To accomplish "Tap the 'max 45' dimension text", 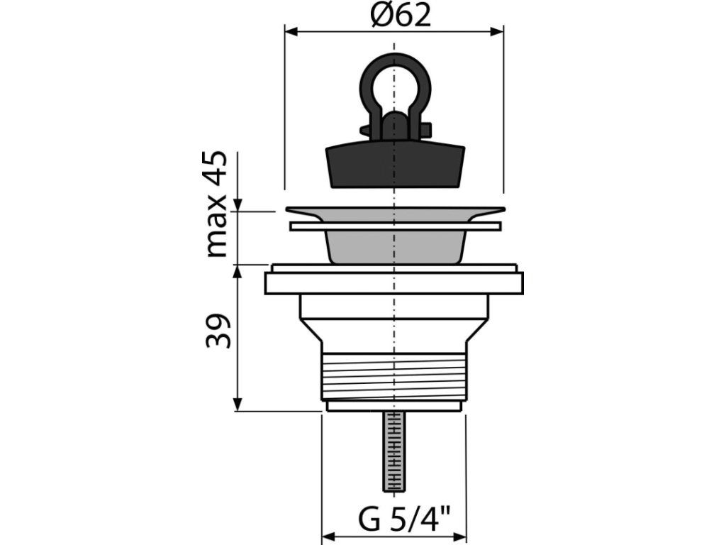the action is coord(216,204).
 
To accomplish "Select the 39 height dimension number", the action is coord(218,331).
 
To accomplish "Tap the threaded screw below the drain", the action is coord(393,451).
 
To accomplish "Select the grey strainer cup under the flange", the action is coord(395,246).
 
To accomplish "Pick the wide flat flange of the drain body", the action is coord(393,282).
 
